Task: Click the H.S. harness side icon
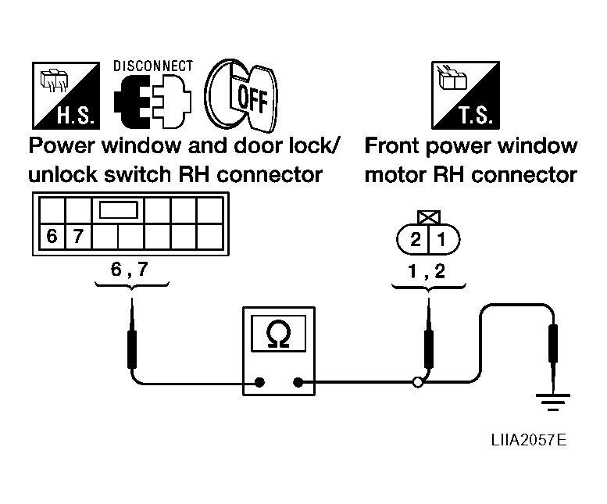click(66, 95)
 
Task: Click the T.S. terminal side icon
click(466, 95)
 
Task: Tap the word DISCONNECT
click(153, 66)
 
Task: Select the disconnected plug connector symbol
click(152, 102)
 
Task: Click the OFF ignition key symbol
click(241, 95)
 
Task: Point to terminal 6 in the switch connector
click(52, 236)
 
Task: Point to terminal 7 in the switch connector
click(78, 236)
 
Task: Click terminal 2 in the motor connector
click(415, 240)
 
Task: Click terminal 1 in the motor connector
click(441, 240)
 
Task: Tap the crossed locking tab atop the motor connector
click(429, 217)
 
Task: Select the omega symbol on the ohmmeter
click(278, 335)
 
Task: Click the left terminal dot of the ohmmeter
click(260, 382)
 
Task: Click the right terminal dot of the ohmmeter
click(298, 382)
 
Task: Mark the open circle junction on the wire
click(418, 382)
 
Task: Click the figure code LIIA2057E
click(529, 440)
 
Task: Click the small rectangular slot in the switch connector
click(119, 210)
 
